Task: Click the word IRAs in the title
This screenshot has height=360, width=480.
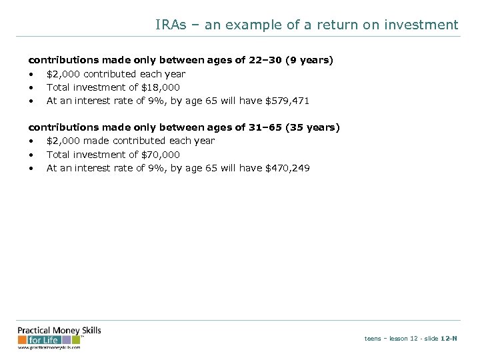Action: pos(171,25)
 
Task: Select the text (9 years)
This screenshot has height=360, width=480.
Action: pos(309,60)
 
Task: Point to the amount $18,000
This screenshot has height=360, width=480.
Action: pos(161,87)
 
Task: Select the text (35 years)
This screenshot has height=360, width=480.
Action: pos(312,127)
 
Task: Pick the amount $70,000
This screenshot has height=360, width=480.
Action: pos(161,155)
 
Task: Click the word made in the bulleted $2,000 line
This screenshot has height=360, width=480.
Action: pos(97,141)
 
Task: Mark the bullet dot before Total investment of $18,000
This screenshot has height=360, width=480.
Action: pos(31,88)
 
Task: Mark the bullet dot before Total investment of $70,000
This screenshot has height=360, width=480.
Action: pos(31,155)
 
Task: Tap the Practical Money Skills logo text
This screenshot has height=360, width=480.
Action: pos(59,331)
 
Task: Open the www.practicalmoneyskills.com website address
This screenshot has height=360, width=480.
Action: pos(49,347)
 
